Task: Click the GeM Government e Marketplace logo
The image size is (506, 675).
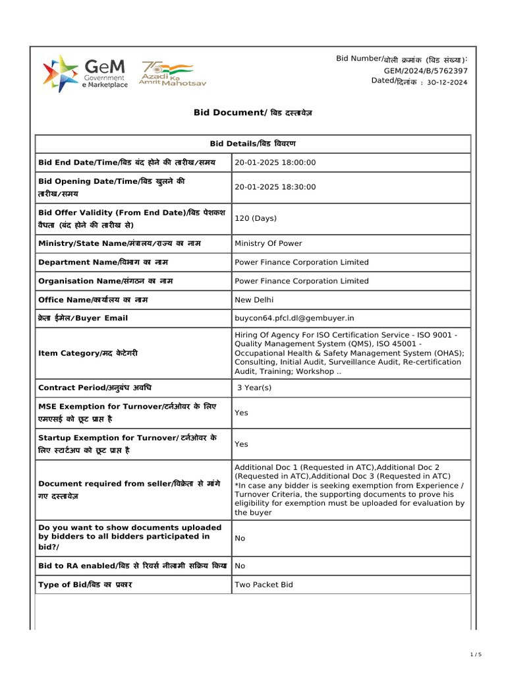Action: point(85,73)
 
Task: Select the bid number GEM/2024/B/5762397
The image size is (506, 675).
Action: point(426,71)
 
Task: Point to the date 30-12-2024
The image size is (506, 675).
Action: point(447,82)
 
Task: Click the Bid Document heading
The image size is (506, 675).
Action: point(253,113)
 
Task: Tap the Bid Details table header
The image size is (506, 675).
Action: point(253,144)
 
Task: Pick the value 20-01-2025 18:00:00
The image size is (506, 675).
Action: point(275,163)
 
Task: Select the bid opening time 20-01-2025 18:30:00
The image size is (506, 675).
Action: point(275,187)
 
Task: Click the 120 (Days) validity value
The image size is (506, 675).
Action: point(256,218)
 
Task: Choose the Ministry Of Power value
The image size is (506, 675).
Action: point(268,243)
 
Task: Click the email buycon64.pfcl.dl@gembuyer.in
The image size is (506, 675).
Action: point(295,318)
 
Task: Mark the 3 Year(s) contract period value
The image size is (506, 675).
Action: point(254,388)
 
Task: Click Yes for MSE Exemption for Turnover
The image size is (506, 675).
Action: point(241,413)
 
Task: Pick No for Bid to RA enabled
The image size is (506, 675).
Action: point(240,566)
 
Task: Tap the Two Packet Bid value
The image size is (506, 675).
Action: point(264,585)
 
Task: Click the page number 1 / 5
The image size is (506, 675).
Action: point(476,654)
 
